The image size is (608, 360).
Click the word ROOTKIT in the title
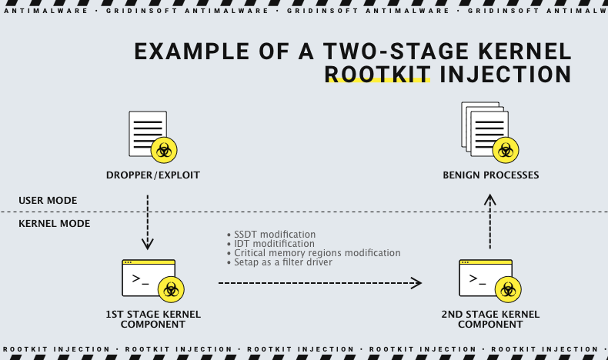pos(378,74)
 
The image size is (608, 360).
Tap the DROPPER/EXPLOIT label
pos(153,175)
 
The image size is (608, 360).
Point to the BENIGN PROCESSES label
pos(490,175)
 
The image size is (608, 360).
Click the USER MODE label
pos(48,201)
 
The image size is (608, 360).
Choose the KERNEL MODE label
pos(54,224)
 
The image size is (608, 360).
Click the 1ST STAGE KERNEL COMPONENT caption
pos(152,319)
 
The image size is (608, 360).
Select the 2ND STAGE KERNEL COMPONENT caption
pos(490,319)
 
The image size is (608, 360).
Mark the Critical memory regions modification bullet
pos(313,253)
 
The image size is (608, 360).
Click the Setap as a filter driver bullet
pos(281,262)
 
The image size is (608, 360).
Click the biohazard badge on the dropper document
pos(164,150)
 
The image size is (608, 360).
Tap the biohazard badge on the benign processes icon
pos(506,150)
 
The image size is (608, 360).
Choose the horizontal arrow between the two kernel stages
pos(320,283)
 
